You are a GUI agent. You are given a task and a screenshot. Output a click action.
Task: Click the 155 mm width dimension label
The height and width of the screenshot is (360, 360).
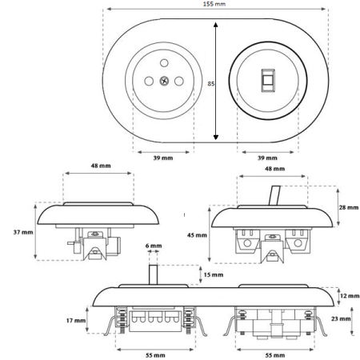(x=214, y=4)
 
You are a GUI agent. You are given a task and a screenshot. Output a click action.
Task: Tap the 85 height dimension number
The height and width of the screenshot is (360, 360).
(x=211, y=84)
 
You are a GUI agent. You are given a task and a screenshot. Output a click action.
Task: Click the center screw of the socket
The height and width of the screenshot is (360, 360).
(x=164, y=81)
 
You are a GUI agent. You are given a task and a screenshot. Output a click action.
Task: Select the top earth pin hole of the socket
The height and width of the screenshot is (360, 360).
(x=164, y=63)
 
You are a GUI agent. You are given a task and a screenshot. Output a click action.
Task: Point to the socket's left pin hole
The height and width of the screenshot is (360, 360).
(x=149, y=81)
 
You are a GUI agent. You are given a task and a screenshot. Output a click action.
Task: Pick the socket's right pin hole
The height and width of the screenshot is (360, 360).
(x=179, y=81)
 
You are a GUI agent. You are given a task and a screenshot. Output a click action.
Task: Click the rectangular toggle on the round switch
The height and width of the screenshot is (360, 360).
(x=268, y=81)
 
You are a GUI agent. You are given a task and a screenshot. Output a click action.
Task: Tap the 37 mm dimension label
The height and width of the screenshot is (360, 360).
(x=23, y=232)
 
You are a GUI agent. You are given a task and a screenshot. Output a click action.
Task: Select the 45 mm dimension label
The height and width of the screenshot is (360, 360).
(x=197, y=235)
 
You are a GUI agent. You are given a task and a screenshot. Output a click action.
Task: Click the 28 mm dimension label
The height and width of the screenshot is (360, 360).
(x=349, y=207)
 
